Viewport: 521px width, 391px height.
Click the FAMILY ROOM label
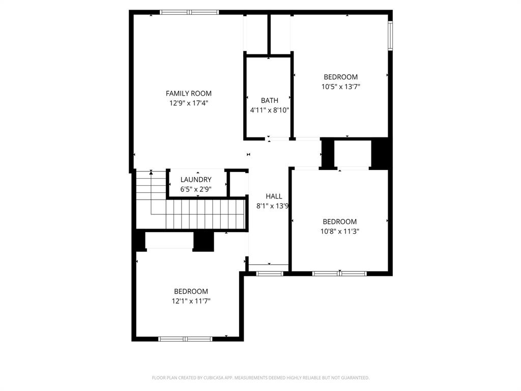(x=188, y=93)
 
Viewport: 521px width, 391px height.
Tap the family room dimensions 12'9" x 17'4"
(x=189, y=103)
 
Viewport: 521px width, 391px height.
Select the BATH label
(x=269, y=100)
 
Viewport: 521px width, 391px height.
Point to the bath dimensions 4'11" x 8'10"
(x=269, y=110)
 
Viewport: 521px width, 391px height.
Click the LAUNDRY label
(x=196, y=180)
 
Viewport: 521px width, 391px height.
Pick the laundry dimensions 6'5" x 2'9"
(x=196, y=189)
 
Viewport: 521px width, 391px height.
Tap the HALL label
(x=274, y=196)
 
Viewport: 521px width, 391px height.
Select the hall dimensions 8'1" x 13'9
(x=273, y=206)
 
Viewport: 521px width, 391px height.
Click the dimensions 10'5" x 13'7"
(x=340, y=87)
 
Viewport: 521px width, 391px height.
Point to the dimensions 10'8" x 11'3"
(x=339, y=231)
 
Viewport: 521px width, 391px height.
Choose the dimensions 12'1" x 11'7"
(x=191, y=301)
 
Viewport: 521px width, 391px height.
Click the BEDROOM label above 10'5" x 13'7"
(x=340, y=77)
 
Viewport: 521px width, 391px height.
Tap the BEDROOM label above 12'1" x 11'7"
(x=191, y=291)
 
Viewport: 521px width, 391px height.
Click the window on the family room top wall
(x=189, y=12)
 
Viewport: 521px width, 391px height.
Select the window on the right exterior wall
(x=390, y=36)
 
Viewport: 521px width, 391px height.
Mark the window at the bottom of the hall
(x=269, y=273)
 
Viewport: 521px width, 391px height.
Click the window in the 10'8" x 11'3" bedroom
(x=339, y=273)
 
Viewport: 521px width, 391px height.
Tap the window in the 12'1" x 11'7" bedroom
(x=185, y=339)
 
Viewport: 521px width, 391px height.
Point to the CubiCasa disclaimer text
(x=260, y=378)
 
